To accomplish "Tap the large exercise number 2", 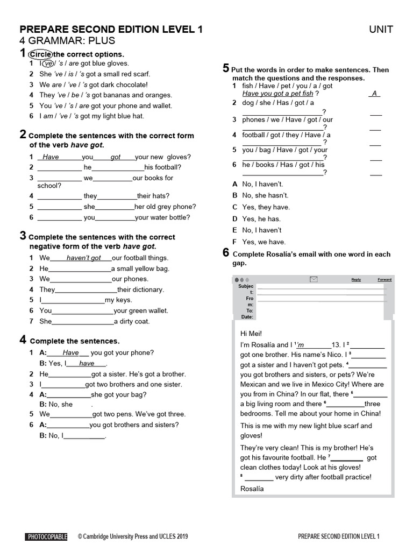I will click(x=23, y=135).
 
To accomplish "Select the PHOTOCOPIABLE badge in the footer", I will click(x=46, y=536).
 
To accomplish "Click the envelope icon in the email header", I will click(x=314, y=279).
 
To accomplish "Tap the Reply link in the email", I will click(x=356, y=280).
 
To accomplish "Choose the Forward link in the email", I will click(x=384, y=280).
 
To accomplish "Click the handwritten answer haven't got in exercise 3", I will click(x=83, y=258).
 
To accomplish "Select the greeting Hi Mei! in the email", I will click(x=251, y=334).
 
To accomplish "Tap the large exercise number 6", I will click(x=226, y=253).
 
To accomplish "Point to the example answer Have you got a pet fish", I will click(x=277, y=94).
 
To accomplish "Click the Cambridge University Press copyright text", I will click(x=133, y=536).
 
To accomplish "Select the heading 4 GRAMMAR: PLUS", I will click(x=67, y=41).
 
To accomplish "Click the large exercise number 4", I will click(x=23, y=340).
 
